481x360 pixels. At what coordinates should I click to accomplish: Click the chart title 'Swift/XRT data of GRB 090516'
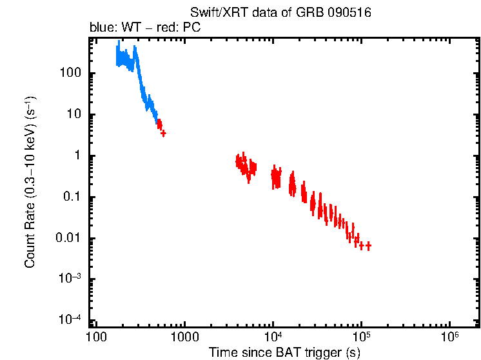[280, 13]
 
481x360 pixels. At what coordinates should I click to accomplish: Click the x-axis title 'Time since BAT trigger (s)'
[284, 352]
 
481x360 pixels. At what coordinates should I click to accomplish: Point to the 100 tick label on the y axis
[70, 73]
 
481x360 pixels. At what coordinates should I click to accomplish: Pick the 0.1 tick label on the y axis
[71, 197]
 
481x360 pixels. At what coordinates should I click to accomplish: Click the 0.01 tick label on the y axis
[68, 238]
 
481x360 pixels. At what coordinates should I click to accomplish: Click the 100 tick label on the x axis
[95, 337]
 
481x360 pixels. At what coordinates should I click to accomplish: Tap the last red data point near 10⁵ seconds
[368, 246]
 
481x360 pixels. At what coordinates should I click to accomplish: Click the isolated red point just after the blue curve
[163, 133]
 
